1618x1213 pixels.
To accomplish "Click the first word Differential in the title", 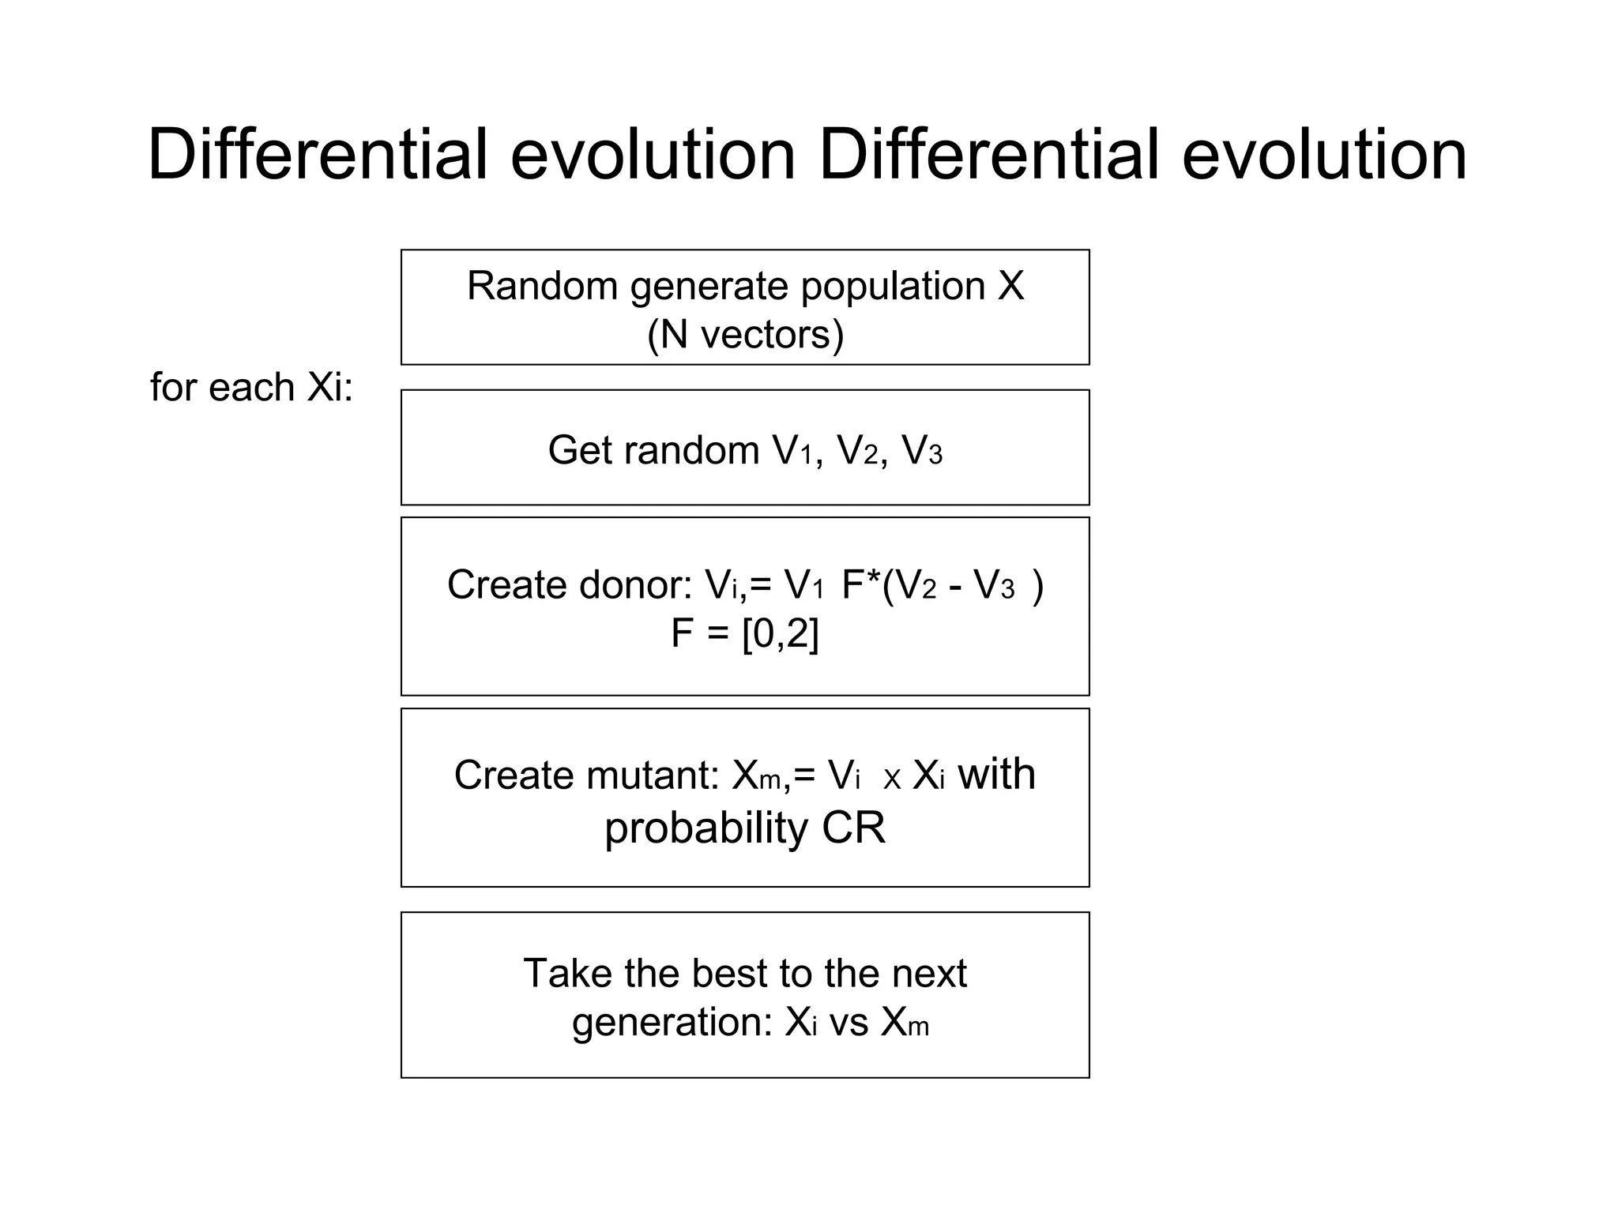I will coord(317,155).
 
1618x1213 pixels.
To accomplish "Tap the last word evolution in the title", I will coord(1324,155).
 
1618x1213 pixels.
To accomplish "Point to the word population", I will coord(893,287).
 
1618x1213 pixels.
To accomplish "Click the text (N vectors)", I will coord(745,335).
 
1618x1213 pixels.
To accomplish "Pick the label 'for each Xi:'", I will coord(251,388).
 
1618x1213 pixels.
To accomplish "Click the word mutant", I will coord(653,775).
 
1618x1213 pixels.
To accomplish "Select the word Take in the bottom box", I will coord(567,973).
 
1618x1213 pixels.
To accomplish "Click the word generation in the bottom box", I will coord(671,1023).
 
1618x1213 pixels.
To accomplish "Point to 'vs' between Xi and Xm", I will coord(849,1023).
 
